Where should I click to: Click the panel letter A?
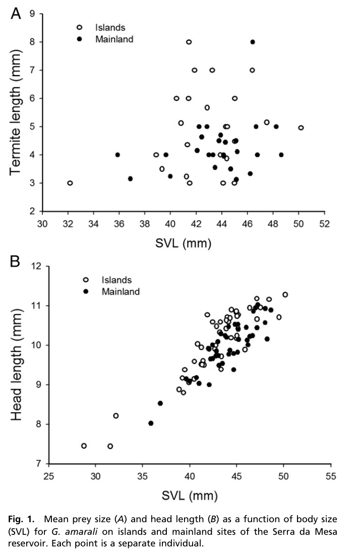(16, 13)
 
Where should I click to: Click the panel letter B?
(16, 262)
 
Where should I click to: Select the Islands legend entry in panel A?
(110, 27)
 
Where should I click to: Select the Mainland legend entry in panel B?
(121, 291)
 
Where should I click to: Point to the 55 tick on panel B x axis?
(330, 476)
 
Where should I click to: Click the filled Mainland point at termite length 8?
(253, 42)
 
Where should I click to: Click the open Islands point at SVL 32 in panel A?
(70, 183)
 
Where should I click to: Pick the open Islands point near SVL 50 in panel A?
(301, 128)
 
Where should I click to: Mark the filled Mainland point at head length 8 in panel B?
(151, 423)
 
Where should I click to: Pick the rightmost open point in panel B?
(285, 295)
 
